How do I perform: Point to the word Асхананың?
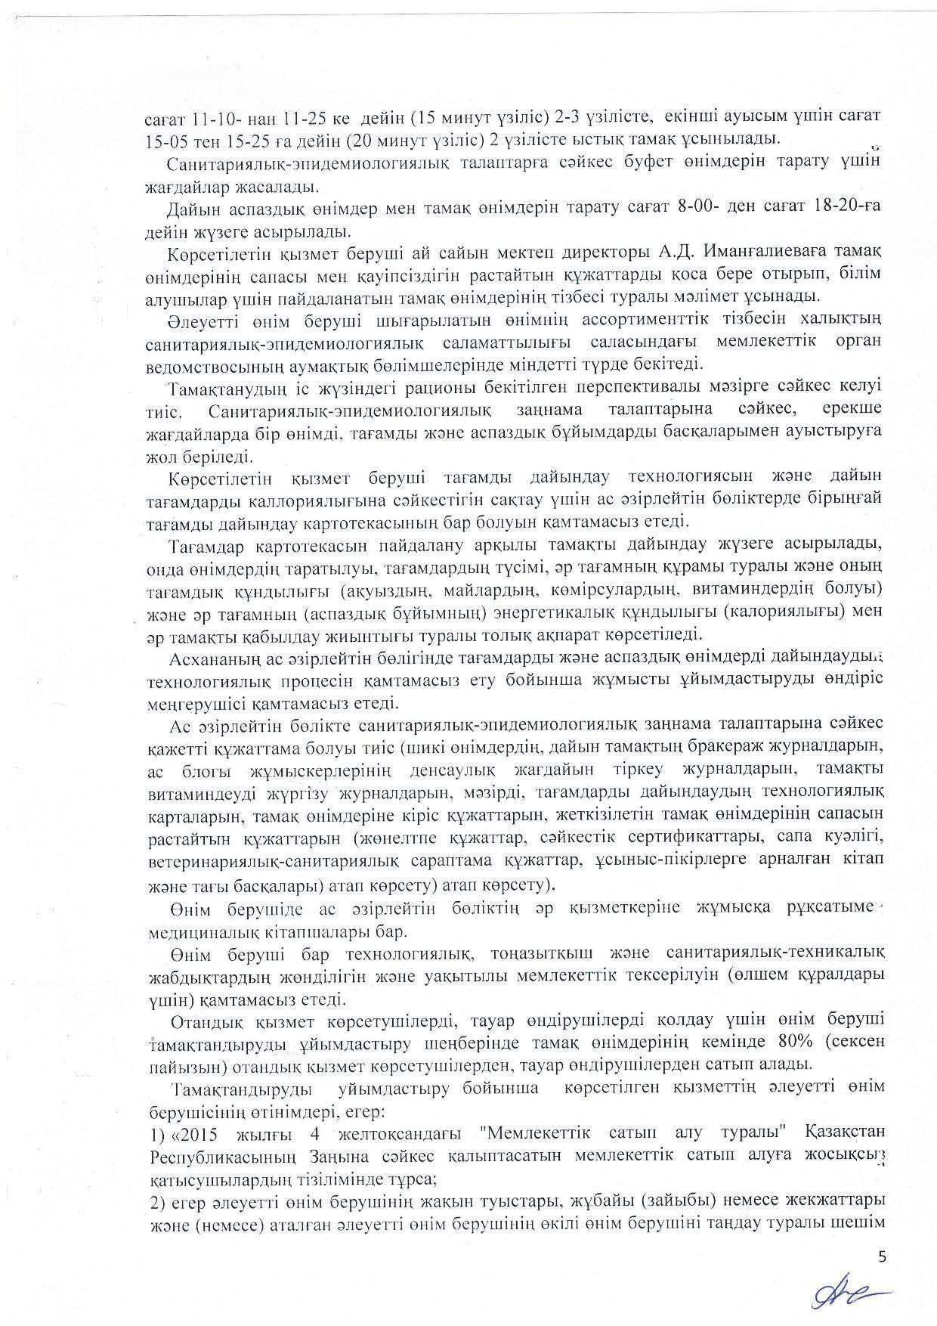point(210,655)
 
